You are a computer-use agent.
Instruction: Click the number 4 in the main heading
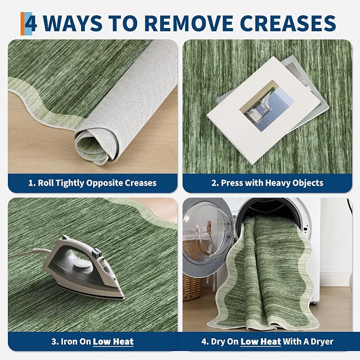coord(31,23)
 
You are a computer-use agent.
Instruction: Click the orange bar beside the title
coord(22,24)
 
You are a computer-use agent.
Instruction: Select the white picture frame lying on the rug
coord(264,110)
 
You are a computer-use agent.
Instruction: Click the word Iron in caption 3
coord(68,341)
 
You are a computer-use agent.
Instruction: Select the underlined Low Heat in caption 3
coord(113,341)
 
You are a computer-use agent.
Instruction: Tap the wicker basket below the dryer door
coord(192,287)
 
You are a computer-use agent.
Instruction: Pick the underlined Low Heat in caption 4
coord(260,341)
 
